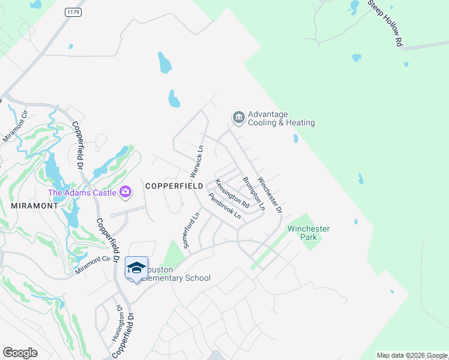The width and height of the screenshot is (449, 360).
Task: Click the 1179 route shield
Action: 72,12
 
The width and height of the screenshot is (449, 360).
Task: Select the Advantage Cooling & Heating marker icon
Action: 238,117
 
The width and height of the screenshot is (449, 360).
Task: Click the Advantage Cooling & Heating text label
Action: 281,119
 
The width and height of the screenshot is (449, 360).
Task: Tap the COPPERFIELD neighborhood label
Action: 172,187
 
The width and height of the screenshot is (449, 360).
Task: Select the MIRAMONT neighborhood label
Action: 34,205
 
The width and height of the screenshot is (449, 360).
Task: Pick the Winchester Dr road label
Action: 270,194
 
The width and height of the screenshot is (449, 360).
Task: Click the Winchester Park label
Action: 309,233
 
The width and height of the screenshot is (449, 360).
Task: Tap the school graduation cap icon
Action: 136,267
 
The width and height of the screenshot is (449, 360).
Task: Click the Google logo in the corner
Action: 20,353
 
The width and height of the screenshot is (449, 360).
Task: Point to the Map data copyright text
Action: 412,355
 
